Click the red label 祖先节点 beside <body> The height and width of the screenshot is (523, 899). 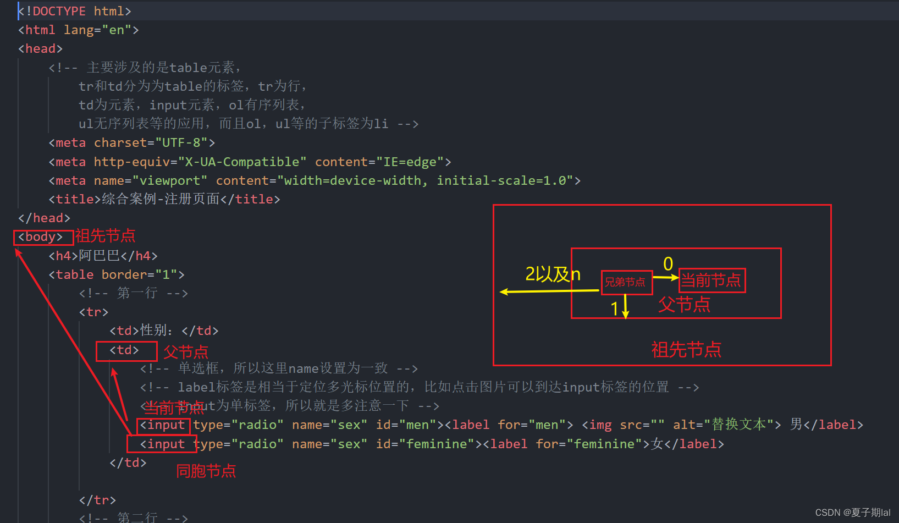point(105,236)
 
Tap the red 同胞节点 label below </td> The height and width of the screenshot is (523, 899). point(206,471)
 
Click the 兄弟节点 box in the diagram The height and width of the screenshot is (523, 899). point(626,283)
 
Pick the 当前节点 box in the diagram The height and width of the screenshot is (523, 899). point(712,280)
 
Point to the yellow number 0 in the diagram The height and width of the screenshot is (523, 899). point(668,264)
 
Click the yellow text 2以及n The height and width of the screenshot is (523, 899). point(552,274)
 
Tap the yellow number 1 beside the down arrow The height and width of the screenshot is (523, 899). point(615,309)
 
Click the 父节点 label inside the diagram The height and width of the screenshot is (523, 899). point(684,304)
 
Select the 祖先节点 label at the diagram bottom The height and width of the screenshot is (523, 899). point(686,349)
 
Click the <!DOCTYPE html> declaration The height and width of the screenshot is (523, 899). point(75,11)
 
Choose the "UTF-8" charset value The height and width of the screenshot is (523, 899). point(181,143)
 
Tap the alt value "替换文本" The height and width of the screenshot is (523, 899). point(739,425)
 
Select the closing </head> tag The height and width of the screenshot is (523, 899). point(44,218)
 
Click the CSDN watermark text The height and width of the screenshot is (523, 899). point(852,513)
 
